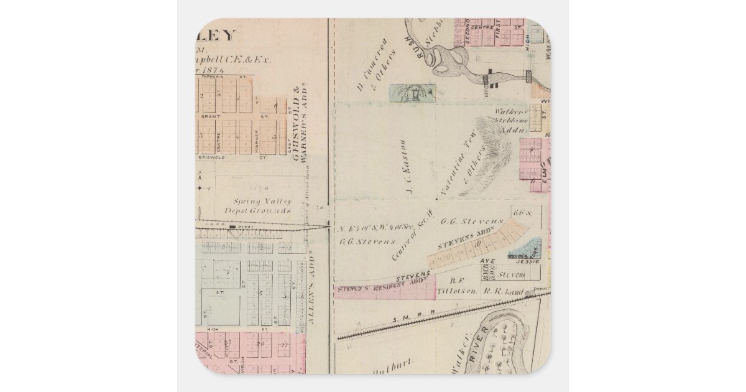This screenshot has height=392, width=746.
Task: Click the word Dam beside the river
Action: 483,87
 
